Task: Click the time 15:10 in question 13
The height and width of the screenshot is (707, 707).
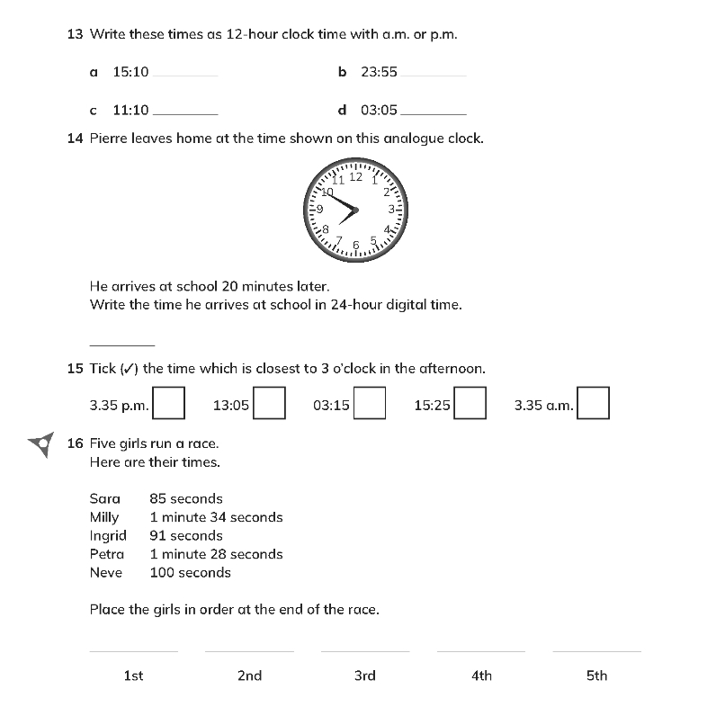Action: (x=130, y=72)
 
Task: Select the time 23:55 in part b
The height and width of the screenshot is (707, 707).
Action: (x=379, y=72)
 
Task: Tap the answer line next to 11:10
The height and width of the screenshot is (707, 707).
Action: (x=186, y=113)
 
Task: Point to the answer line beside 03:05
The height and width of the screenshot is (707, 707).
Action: (x=433, y=113)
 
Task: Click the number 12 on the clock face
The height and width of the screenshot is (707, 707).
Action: (x=356, y=177)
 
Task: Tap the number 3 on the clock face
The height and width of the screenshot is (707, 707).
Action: (x=391, y=209)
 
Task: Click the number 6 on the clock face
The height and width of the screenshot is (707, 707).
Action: (x=356, y=244)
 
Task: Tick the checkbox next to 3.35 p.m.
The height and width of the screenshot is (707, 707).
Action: (x=169, y=403)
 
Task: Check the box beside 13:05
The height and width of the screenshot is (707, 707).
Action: (x=269, y=403)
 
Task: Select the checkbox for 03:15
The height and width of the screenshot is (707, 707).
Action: (x=370, y=403)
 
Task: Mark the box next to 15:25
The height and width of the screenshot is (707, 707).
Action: (x=470, y=403)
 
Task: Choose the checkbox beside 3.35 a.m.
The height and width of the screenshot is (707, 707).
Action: (x=594, y=403)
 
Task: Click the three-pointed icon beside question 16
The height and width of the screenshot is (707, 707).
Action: (x=40, y=443)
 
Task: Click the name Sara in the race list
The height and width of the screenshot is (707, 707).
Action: (x=105, y=498)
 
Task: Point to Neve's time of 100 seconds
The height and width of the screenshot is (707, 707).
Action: (x=190, y=572)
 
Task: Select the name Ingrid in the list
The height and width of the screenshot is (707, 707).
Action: (x=108, y=535)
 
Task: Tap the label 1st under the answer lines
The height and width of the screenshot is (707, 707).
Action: (x=133, y=676)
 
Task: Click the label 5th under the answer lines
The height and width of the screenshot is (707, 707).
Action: (x=596, y=676)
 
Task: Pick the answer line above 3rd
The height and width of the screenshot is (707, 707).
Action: (x=364, y=649)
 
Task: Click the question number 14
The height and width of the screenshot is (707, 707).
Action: (x=75, y=139)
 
